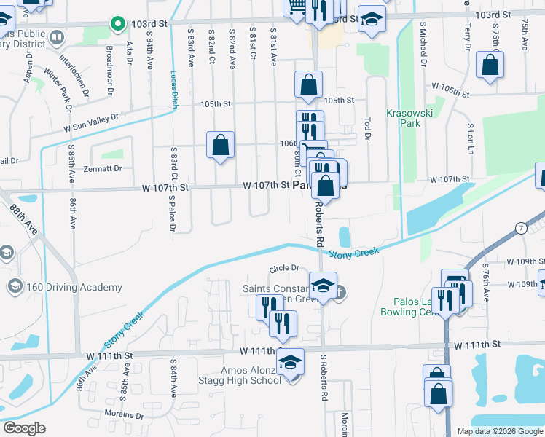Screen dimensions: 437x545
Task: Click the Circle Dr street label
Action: (285, 269)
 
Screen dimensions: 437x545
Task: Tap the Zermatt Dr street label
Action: (103, 168)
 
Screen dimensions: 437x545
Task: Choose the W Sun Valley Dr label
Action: (90, 122)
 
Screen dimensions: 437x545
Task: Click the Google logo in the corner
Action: (26, 428)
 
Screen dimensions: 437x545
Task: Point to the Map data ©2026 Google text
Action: (499, 431)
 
